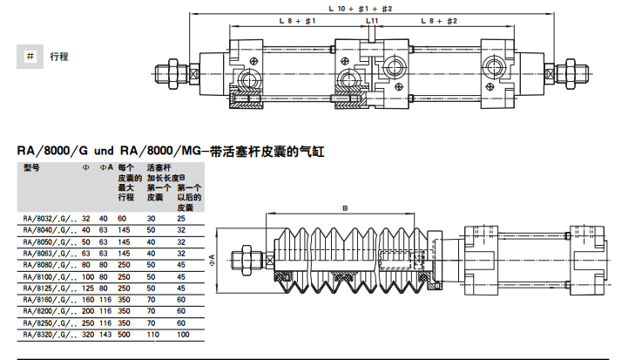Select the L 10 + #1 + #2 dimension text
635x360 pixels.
tap(365, 7)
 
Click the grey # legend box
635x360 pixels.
tap(30, 56)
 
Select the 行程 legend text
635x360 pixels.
tap(59, 57)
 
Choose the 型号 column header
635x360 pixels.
tap(32, 166)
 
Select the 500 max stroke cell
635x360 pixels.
tap(124, 334)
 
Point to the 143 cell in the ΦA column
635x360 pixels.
tap(104, 334)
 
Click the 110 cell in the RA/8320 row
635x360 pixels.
tap(153, 334)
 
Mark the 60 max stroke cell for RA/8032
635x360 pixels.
tap(122, 218)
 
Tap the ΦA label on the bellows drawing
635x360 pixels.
tap(212, 259)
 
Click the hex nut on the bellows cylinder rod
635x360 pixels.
tap(246, 259)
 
